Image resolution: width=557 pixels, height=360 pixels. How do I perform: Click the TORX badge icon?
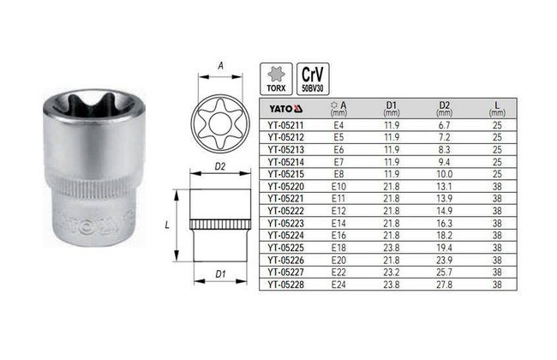click(276, 79)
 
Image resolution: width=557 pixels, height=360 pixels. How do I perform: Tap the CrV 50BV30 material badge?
click(313, 79)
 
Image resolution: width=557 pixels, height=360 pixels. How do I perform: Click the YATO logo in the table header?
click(285, 108)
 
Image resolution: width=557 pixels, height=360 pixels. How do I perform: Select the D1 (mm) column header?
click(391, 109)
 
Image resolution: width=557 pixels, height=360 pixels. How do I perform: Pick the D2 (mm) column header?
click(445, 109)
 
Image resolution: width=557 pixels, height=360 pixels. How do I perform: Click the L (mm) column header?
click(497, 109)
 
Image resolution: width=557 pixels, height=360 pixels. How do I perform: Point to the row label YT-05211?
click(286, 125)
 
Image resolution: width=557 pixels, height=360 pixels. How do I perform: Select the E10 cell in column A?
click(338, 187)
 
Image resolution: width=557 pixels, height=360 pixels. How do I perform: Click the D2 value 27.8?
click(445, 285)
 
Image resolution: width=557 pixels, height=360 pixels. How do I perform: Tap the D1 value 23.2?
click(391, 273)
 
